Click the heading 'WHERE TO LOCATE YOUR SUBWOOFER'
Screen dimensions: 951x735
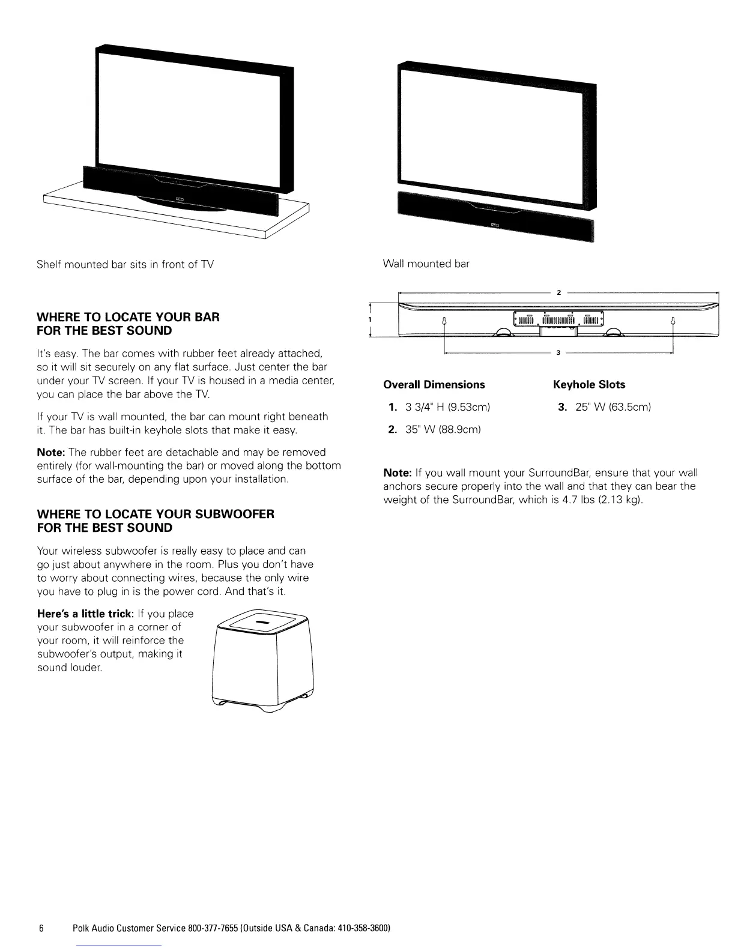pos(156,515)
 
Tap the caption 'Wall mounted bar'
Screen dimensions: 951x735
pos(426,264)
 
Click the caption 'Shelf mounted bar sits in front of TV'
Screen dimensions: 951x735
pos(126,264)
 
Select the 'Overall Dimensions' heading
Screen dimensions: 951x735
pos(434,385)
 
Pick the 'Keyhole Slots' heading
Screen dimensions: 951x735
pos(588,385)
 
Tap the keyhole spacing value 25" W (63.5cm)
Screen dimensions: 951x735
pos(612,408)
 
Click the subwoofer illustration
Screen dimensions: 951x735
pos(264,660)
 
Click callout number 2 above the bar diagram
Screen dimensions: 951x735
pos(558,292)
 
